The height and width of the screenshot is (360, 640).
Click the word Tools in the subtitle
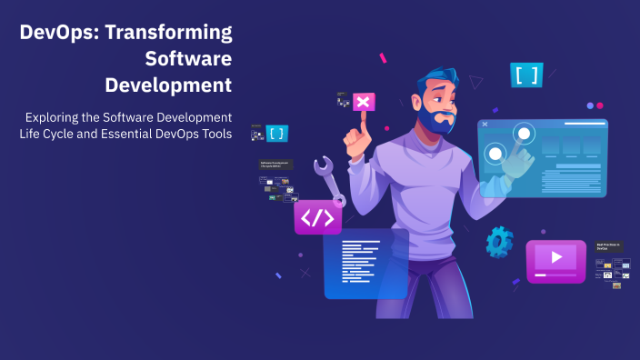click(213, 135)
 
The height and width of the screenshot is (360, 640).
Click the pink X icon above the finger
click(364, 102)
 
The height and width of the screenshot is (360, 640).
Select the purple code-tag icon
click(316, 218)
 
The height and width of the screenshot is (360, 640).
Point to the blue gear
click(499, 242)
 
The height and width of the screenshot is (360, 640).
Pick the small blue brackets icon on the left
click(276, 134)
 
